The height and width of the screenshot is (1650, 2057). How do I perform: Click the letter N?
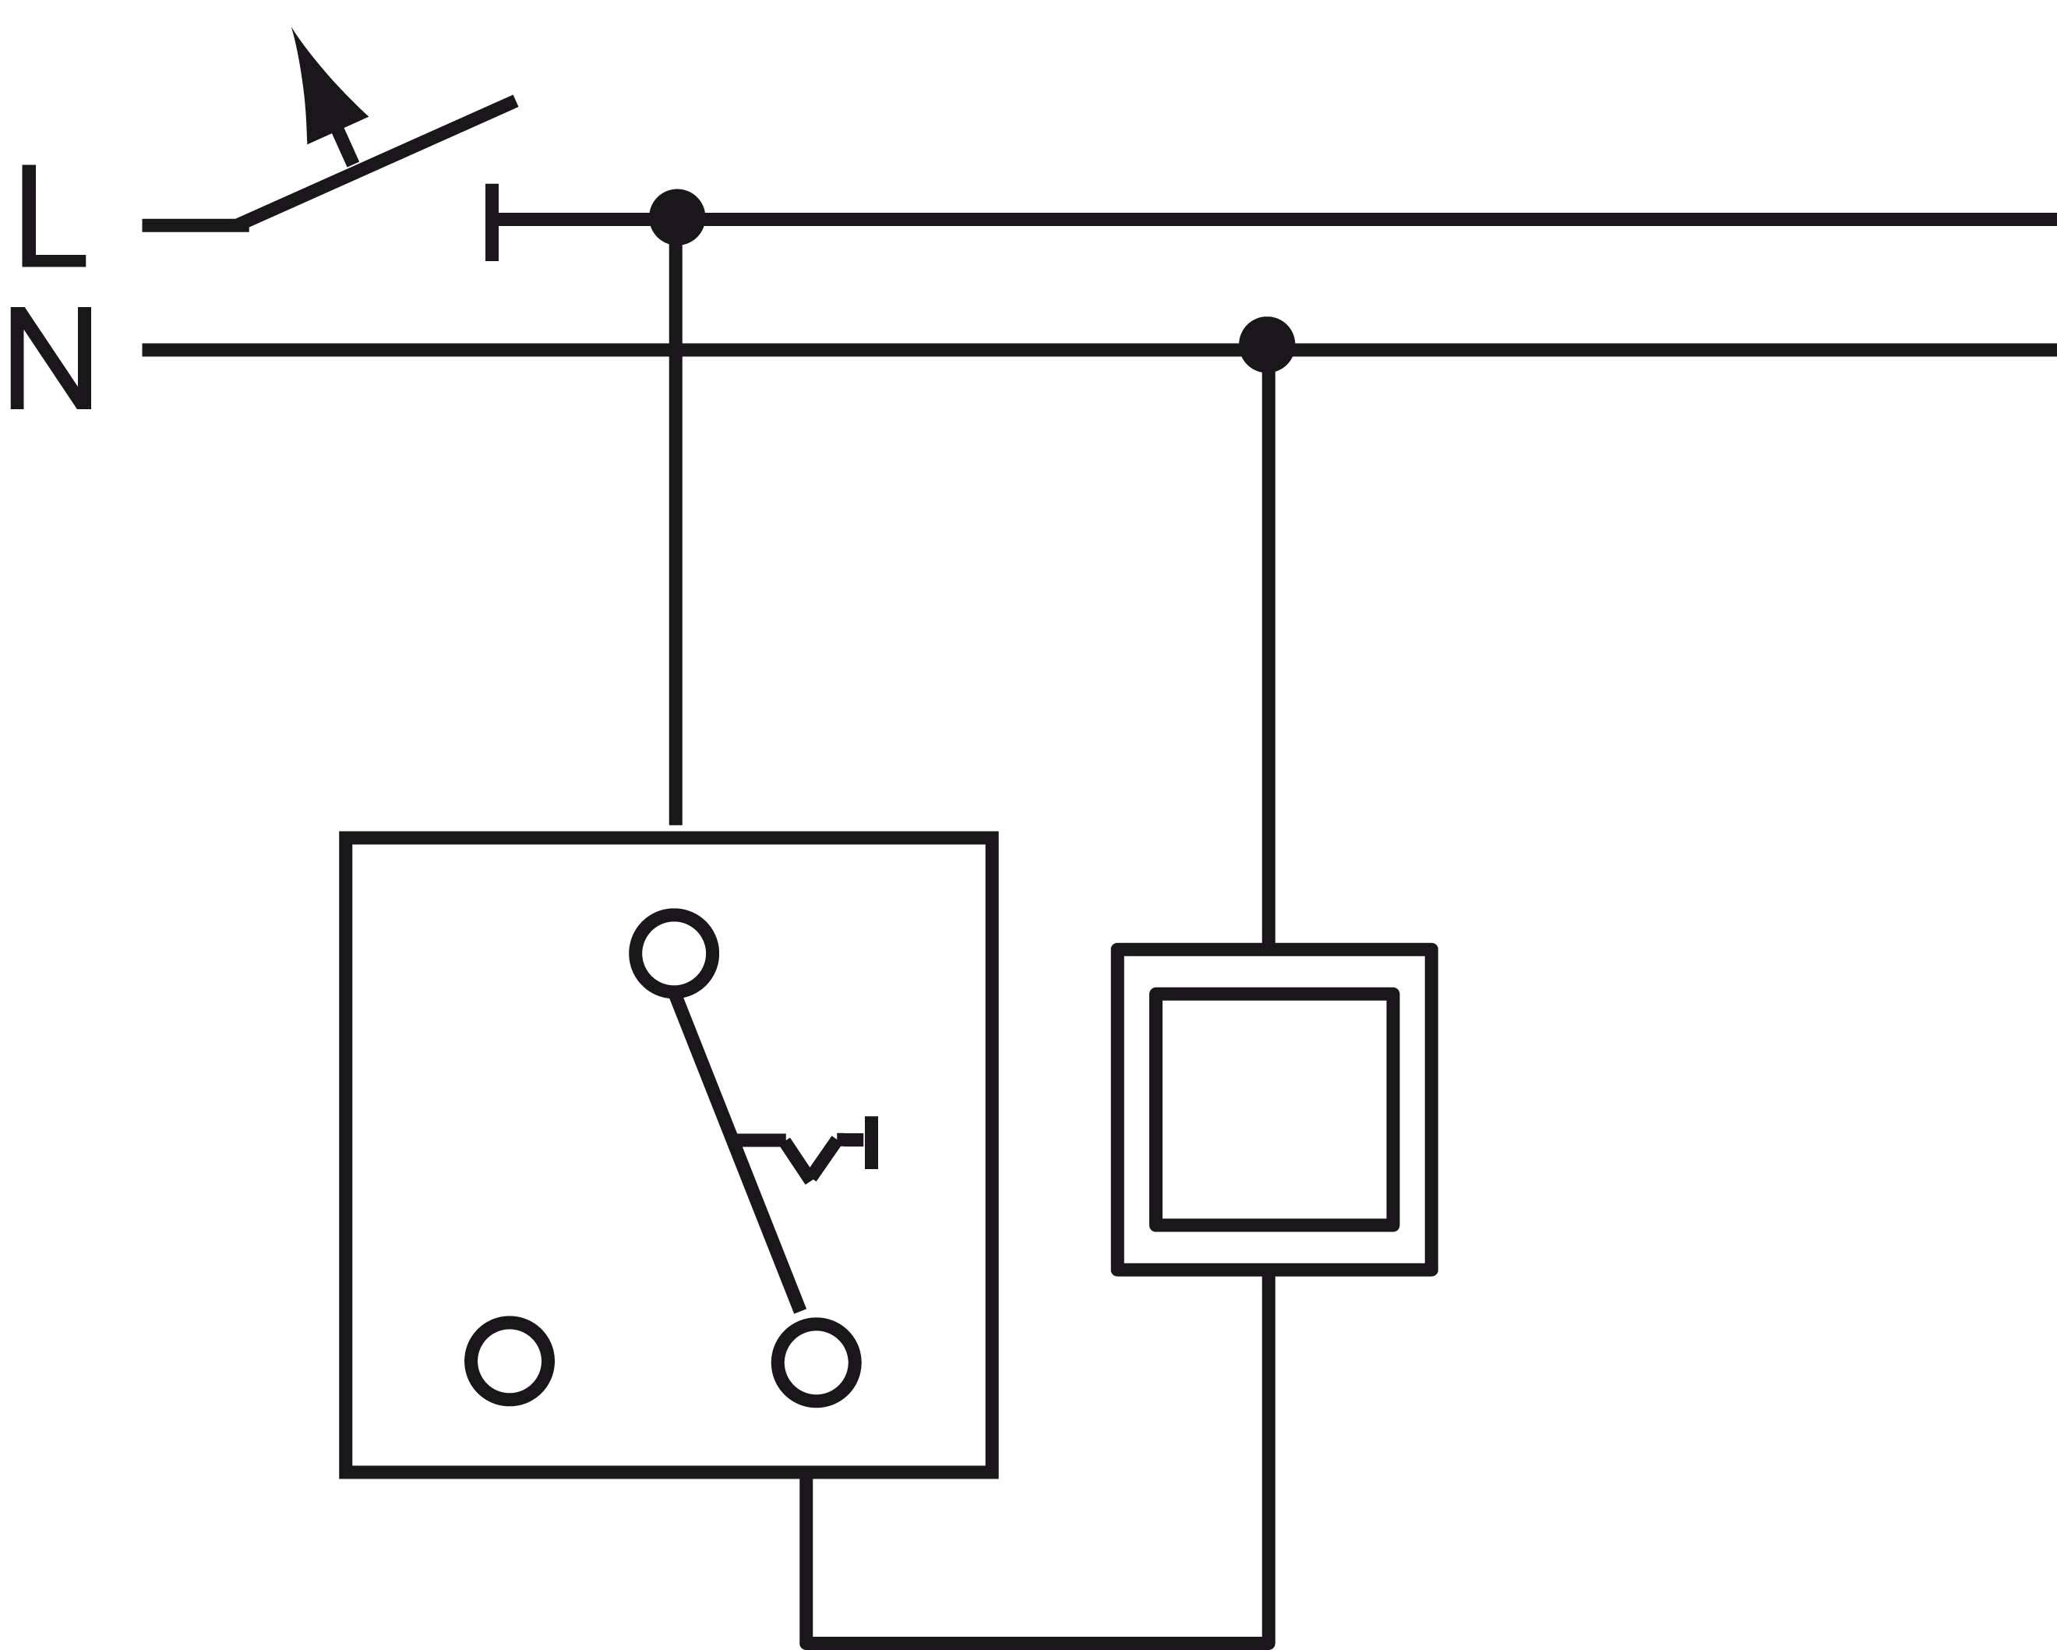pos(51,358)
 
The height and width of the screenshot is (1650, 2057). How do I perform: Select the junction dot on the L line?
pos(676,217)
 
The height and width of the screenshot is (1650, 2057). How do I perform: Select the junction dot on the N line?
pos(1266,344)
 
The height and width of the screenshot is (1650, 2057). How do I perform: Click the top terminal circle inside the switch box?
pos(673,953)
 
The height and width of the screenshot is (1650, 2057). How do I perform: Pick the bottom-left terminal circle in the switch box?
pos(510,1362)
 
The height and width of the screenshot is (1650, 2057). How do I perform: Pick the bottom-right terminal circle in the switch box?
pos(816,1362)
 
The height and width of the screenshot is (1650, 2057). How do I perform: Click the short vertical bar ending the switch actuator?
pos(870,1143)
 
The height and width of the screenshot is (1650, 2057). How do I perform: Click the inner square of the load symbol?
pos(1275,1110)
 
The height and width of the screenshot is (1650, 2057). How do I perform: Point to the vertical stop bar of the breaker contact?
pos(492,221)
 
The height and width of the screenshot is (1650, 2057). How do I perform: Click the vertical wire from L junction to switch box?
pos(676,573)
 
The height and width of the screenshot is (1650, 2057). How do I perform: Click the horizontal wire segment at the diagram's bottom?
pos(1038,1641)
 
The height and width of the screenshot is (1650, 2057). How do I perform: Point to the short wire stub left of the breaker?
pos(191,225)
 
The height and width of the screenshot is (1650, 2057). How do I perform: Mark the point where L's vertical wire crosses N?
pos(676,349)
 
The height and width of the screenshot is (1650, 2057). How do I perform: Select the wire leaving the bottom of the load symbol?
pos(1268,1450)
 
